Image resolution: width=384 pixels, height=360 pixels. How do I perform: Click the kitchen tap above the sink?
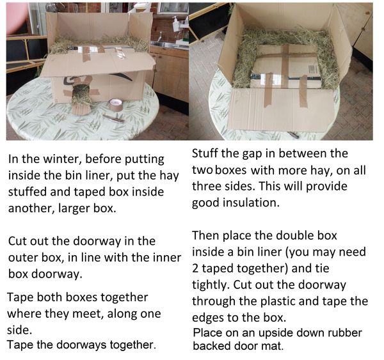click(160, 36)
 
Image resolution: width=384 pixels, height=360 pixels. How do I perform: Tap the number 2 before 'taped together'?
click(195, 269)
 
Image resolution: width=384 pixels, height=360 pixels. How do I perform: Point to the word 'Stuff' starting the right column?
click(205, 153)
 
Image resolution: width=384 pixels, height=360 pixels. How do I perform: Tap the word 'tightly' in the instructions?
click(211, 285)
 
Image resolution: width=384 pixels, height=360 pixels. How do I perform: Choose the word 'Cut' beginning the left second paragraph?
click(17, 241)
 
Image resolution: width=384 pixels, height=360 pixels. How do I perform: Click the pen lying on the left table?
click(113, 118)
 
